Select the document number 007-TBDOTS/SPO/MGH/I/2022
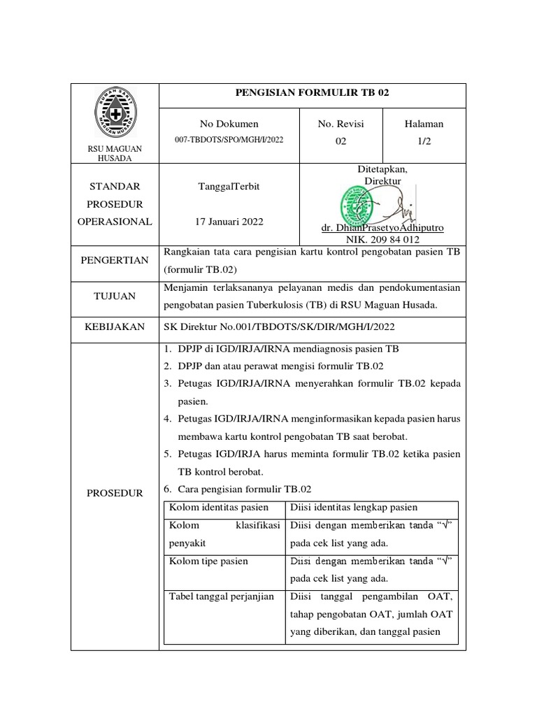[229, 139]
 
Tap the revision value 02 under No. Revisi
[341, 140]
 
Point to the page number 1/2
[424, 140]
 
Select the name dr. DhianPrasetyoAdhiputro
[382, 228]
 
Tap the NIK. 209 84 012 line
[382, 238]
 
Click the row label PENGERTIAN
[115, 261]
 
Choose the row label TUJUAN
[115, 296]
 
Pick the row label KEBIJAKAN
[115, 327]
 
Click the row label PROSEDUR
[115, 493]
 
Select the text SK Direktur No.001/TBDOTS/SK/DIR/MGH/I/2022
[273, 327]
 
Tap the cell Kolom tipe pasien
[208, 561]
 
